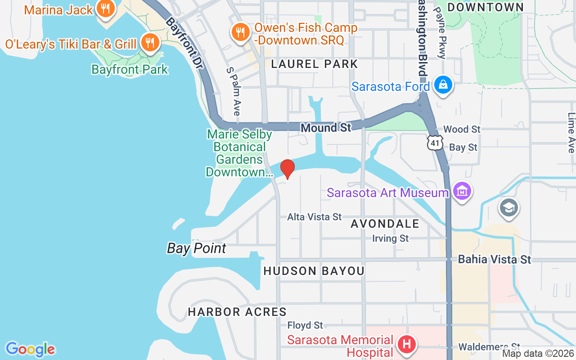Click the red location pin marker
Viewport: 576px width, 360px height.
tap(287, 169)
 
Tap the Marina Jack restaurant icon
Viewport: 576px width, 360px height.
tap(105, 9)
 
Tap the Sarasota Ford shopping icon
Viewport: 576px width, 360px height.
tap(443, 85)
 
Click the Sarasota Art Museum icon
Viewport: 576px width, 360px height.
tap(462, 192)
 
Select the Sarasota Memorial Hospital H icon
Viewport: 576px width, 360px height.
tap(407, 345)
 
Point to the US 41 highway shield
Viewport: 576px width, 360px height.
tap(435, 143)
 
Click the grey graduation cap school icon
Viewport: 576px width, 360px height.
tap(509, 208)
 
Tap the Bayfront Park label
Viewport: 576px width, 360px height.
tap(130, 69)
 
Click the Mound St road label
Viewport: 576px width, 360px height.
tap(326, 128)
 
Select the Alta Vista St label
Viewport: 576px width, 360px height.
tap(315, 217)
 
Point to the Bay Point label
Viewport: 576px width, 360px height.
tap(197, 248)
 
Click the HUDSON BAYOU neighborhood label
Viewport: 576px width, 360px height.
tap(314, 271)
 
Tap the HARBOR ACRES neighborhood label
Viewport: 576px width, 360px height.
tap(237, 312)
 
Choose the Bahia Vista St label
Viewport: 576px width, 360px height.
tap(495, 259)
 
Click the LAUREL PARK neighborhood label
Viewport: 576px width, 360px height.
tap(315, 64)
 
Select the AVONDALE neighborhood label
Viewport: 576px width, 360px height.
tap(385, 224)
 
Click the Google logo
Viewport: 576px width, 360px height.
tap(30, 349)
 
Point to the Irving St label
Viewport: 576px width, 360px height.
tap(390, 238)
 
